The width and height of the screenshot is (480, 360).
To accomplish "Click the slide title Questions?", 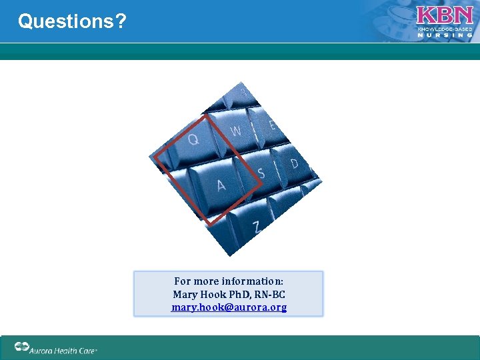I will pyautogui.click(x=72, y=21).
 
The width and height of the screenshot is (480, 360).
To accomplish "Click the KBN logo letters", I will pyautogui.click(x=445, y=16).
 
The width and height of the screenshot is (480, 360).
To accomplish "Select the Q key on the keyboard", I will pyautogui.click(x=193, y=139).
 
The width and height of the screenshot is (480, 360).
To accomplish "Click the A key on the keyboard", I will pyautogui.click(x=221, y=185).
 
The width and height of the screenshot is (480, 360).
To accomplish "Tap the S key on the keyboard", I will pyautogui.click(x=261, y=173).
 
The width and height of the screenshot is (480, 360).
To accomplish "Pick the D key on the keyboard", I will pyautogui.click(x=294, y=163).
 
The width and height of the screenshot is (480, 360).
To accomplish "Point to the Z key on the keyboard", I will pyautogui.click(x=257, y=227).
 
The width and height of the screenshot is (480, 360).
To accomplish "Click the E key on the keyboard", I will pyautogui.click(x=272, y=125).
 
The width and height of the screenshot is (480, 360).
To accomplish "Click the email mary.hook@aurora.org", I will pyautogui.click(x=229, y=307).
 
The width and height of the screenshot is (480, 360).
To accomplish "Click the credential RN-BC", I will pyautogui.click(x=268, y=294).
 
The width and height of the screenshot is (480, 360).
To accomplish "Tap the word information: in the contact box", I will pyautogui.click(x=253, y=281).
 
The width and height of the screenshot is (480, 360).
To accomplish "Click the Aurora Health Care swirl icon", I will pyautogui.click(x=23, y=347).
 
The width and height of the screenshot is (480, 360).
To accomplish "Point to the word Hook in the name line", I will pyautogui.click(x=213, y=294).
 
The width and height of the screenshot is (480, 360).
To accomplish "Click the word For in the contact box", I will pyautogui.click(x=182, y=281).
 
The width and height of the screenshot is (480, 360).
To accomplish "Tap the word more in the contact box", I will pyautogui.click(x=207, y=281).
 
